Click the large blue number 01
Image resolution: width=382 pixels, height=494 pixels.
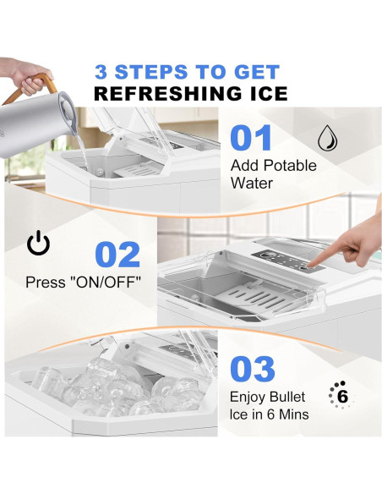pyautogui.click(x=251, y=138)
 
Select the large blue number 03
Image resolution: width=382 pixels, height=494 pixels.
pyautogui.click(x=252, y=369)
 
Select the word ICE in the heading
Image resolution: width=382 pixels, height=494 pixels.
pyautogui.click(x=263, y=94)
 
